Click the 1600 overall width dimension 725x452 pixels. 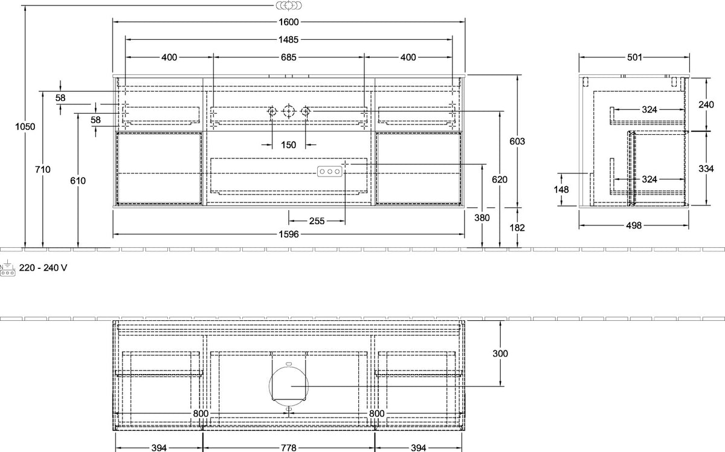point(289,22)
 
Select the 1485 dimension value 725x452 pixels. point(288,39)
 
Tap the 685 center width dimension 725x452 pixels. point(288,57)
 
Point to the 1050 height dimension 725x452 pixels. point(25,127)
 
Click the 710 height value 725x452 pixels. point(43,169)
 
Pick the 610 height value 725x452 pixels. point(78,181)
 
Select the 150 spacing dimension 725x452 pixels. point(288,145)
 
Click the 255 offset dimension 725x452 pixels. point(317,221)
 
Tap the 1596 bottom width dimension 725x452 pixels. point(289,234)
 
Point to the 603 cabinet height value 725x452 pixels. point(517,141)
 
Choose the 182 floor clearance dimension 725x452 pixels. point(517,228)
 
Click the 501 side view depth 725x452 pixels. point(634,57)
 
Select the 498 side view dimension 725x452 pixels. point(634,225)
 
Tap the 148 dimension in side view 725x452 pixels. point(561,189)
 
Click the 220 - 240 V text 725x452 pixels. point(43,268)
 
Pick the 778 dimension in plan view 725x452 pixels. point(288,448)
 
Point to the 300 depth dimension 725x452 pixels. point(500,354)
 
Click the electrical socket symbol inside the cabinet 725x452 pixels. point(329,172)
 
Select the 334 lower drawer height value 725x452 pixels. point(706,169)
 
